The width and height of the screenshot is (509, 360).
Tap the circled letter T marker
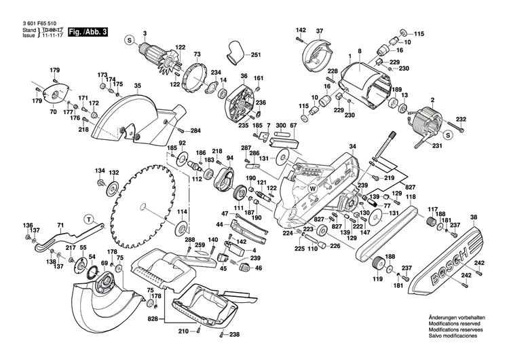coord(88,219)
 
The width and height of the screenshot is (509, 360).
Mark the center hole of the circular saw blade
coord(144,204)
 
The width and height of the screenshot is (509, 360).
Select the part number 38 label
coord(473,217)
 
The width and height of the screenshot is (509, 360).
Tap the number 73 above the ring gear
coord(197,54)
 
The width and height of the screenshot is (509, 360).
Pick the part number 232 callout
coord(480,120)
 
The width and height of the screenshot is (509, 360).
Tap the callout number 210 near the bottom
coord(183,331)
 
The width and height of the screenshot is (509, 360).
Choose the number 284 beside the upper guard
coord(195,130)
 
